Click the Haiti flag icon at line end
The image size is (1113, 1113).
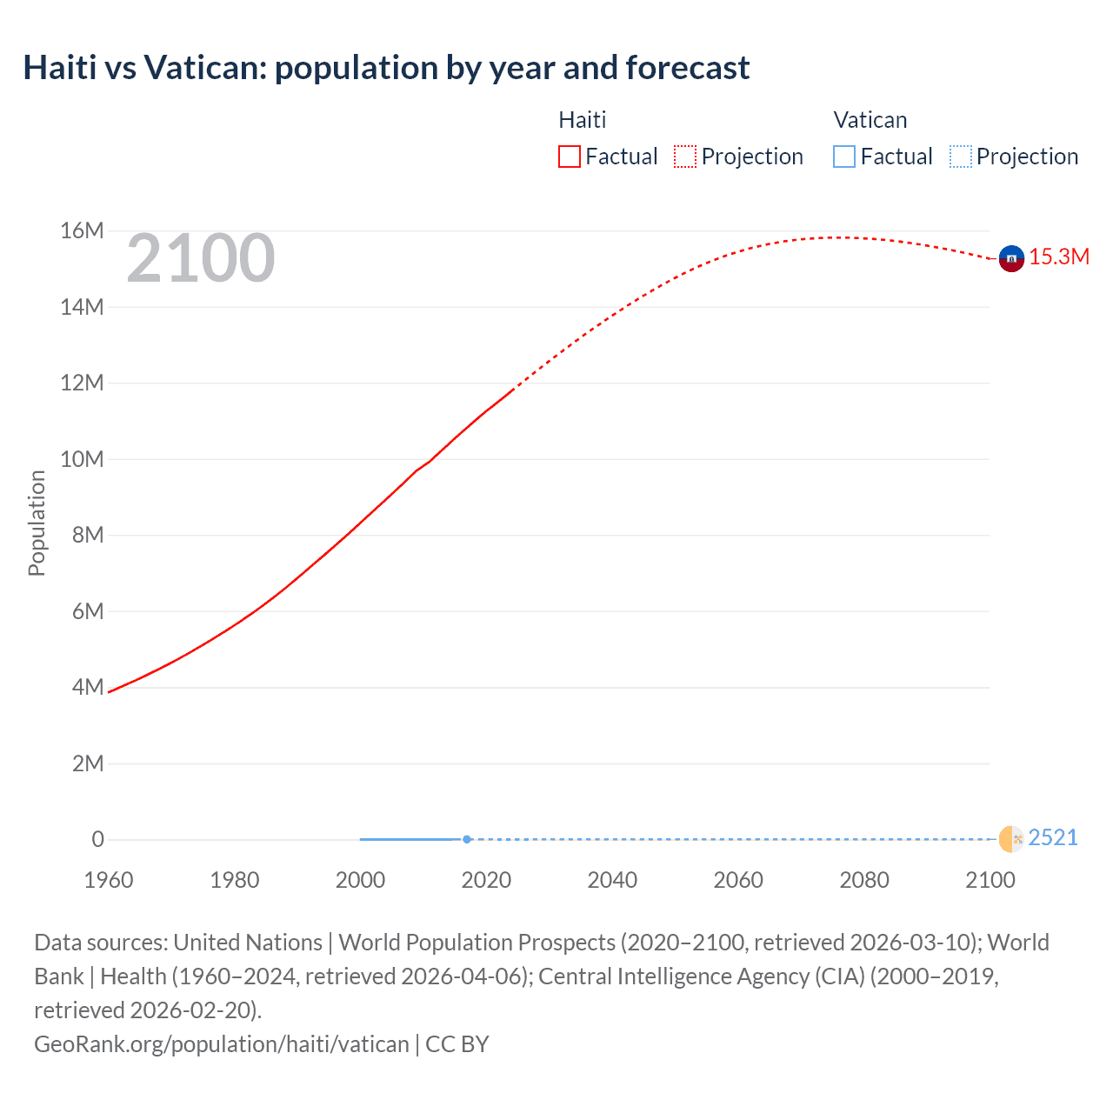1011,258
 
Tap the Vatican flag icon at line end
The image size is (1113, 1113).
1011,839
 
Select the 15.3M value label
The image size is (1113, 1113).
1059,257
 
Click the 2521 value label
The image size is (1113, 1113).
1053,837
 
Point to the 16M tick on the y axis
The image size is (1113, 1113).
82,230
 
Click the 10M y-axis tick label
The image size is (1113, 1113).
82,459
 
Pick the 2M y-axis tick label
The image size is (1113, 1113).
88,763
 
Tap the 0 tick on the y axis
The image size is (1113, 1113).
97,839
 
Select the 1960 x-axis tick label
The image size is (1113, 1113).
109,880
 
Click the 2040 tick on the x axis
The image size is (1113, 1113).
612,880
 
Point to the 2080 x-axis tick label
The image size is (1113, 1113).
864,880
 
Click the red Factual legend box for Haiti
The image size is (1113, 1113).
570,157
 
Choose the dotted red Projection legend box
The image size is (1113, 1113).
685,157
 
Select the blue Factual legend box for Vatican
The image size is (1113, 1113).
844,157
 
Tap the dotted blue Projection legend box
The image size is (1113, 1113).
961,157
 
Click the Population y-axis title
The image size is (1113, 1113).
37,523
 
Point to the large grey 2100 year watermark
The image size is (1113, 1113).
201,258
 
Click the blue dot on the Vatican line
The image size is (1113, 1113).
467,839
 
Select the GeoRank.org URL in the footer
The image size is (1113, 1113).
221,1043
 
